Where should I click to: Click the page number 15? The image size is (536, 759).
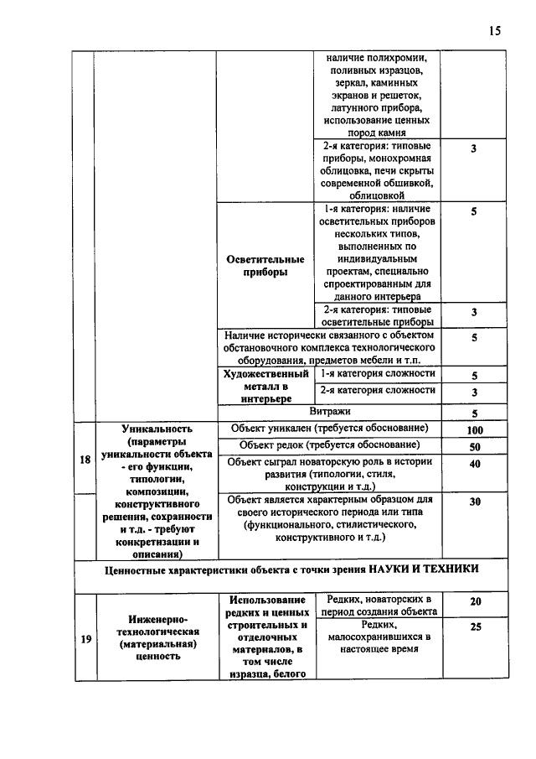pos(494,31)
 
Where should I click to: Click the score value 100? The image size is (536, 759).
pos(474,430)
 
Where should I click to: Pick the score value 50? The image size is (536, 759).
pos(474,446)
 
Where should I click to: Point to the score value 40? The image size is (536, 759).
pos(474,464)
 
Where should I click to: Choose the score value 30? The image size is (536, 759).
pos(474,501)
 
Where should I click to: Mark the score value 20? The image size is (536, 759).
pos(475,601)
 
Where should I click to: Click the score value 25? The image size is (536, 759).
pos(475,626)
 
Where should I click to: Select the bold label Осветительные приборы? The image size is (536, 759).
pos(264,266)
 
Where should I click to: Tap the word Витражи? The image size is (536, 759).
pos(330,411)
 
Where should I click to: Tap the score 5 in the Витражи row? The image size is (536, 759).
pos(474,413)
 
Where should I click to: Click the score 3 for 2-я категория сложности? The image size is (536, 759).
pos(474,392)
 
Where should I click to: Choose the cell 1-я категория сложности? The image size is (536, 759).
pos(379,374)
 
